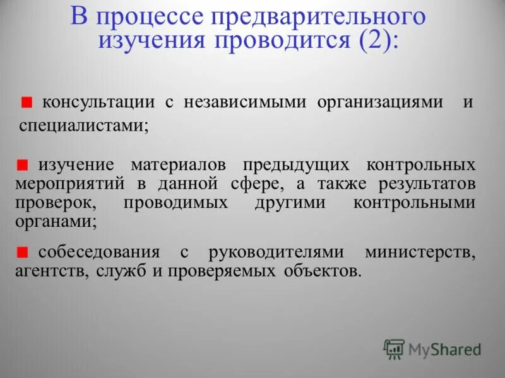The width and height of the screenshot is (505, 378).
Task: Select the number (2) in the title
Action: tap(376, 41)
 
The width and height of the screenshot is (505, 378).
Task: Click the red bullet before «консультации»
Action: tap(27, 102)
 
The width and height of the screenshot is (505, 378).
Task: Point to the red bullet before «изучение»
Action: tap(23, 166)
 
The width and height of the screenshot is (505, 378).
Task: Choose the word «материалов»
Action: tap(179, 165)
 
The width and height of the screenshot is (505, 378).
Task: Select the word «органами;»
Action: tap(56, 222)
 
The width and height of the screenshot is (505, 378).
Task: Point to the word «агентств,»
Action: tap(52, 272)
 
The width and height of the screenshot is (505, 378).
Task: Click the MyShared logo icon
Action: tap(394, 348)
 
